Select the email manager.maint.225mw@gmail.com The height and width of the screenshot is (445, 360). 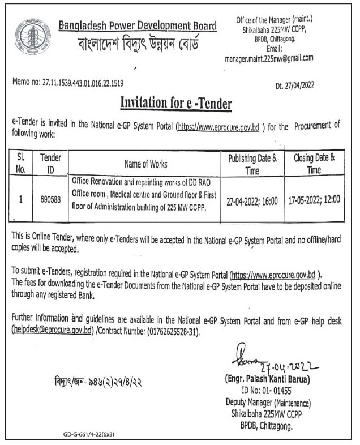269,58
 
